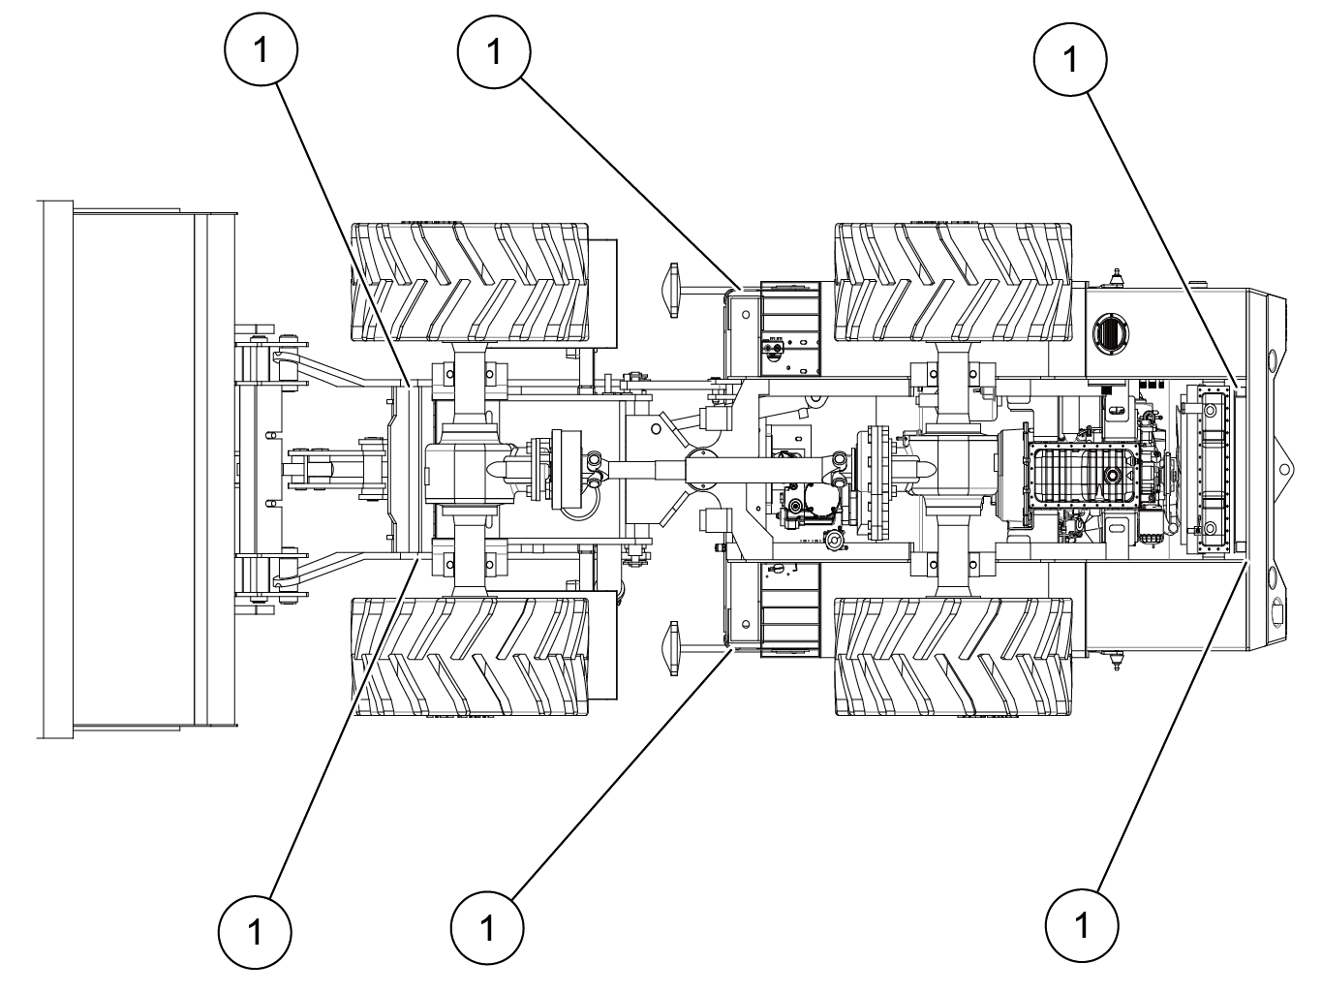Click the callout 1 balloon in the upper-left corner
(x=261, y=49)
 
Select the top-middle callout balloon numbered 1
(x=494, y=51)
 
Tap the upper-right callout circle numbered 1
(x=1070, y=59)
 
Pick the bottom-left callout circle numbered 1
(x=255, y=932)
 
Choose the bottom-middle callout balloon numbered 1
(x=487, y=928)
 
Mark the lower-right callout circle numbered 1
(x=1082, y=925)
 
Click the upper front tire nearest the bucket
(x=471, y=282)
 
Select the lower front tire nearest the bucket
(x=471, y=657)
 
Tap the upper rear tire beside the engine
(x=953, y=282)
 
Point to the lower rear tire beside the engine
(x=953, y=657)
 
